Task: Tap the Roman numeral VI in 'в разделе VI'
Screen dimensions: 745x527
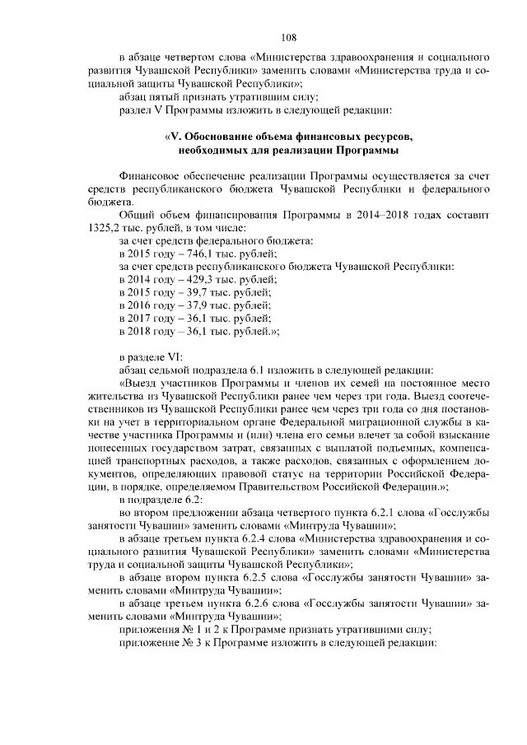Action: coord(175,357)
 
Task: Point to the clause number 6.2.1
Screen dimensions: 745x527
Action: coord(378,515)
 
